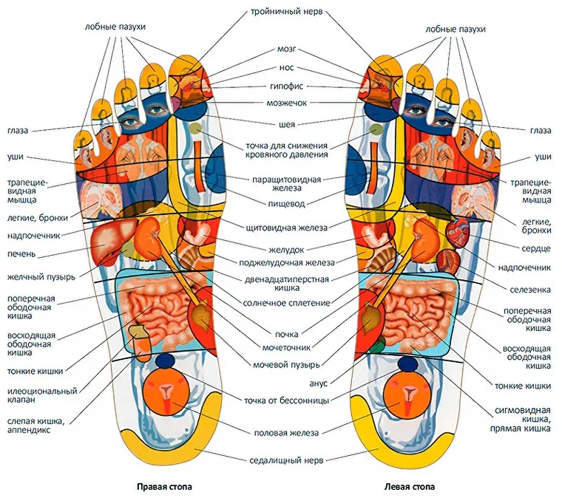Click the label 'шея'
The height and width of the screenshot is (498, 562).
click(x=286, y=123)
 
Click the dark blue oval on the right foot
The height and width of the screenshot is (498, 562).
click(x=166, y=360)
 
